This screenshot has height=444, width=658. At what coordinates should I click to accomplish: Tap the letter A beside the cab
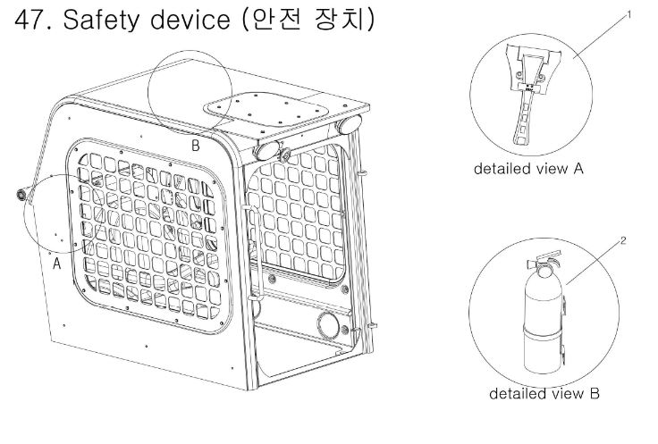(56, 264)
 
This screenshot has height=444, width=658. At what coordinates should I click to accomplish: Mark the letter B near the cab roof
(194, 146)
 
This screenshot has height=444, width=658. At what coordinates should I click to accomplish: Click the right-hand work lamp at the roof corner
(348, 124)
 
